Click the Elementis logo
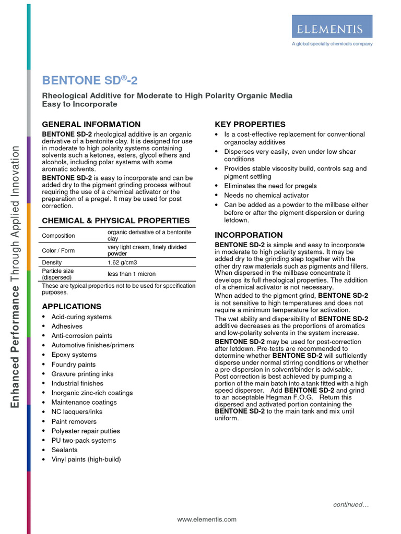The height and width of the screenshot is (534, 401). (332, 26)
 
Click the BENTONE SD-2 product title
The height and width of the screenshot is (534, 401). (90, 80)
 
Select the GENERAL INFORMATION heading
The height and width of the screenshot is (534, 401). (91, 124)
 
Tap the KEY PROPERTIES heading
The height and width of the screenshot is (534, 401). (250, 124)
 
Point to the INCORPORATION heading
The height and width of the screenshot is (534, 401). (249, 235)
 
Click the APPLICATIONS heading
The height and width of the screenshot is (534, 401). (72, 306)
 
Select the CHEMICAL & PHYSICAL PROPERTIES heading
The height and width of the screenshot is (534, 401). (116, 221)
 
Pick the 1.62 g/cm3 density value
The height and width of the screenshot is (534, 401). (123, 262)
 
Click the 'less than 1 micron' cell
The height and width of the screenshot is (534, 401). (132, 274)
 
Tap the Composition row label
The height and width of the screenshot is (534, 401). (58, 236)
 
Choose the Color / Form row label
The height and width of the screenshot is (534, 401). (58, 250)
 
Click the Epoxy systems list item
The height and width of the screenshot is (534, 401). (74, 355)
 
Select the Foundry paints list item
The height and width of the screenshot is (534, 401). (74, 365)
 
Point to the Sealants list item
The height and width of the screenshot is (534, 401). (64, 450)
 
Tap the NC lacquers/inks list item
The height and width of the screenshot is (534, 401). (77, 411)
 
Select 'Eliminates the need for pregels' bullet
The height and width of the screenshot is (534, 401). (270, 186)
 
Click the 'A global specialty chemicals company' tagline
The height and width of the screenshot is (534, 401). (332, 44)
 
